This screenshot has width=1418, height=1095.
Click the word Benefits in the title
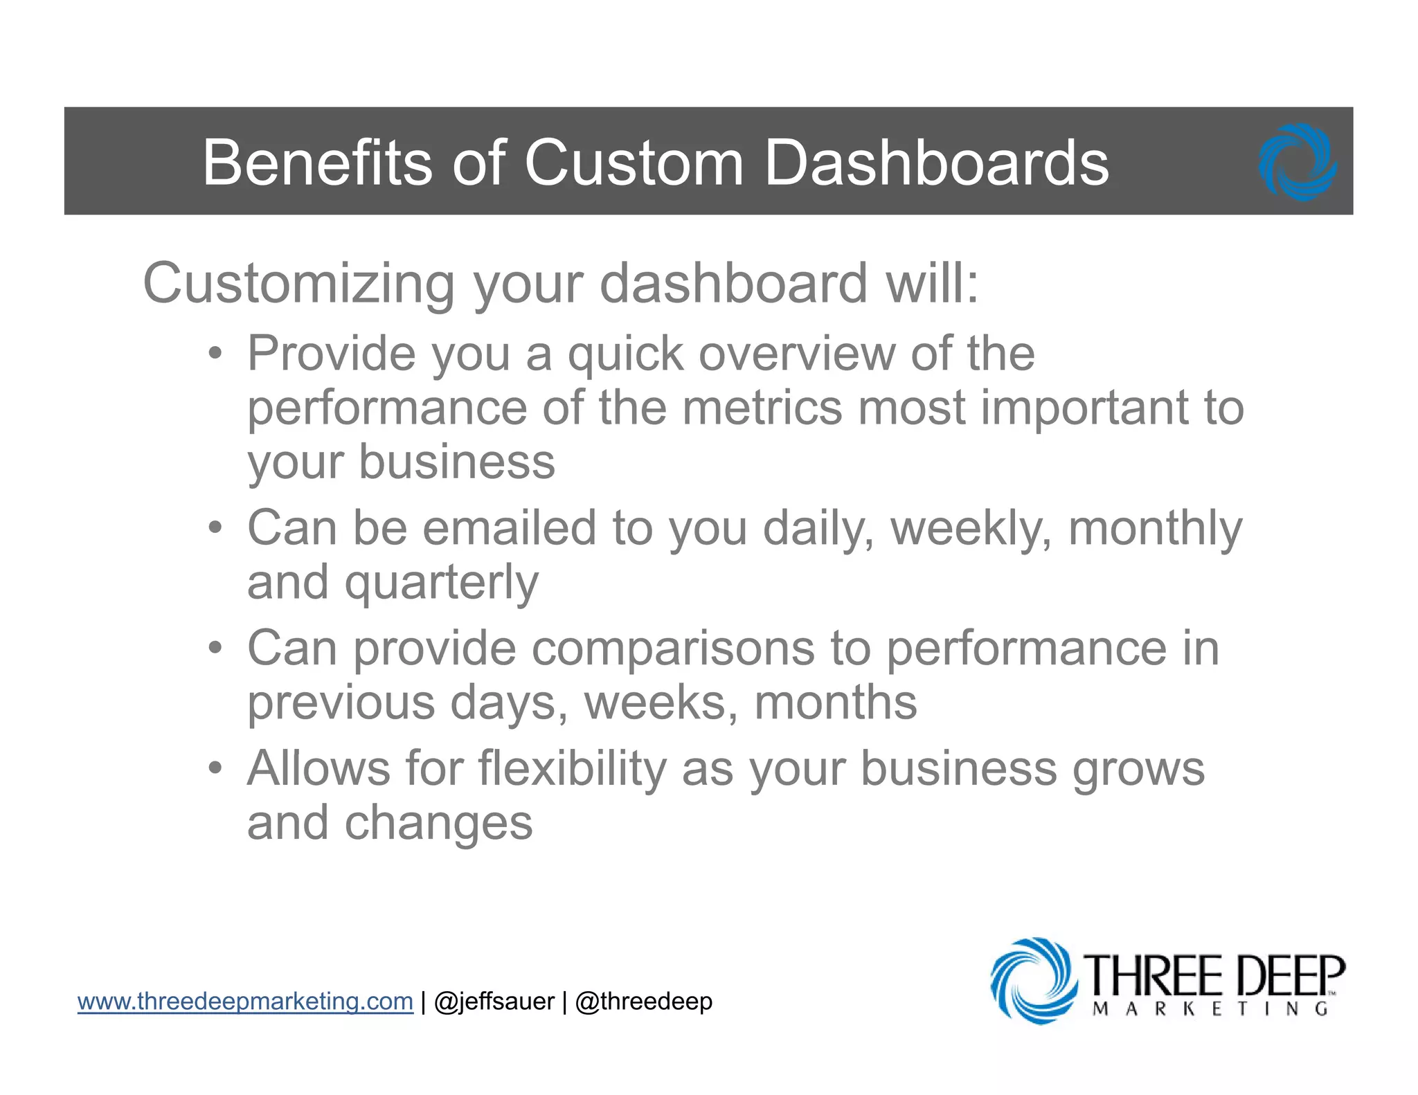point(318,163)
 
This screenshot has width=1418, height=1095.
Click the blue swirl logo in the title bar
point(1298,163)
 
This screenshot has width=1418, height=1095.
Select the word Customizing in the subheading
point(298,284)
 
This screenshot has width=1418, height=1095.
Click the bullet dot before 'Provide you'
point(215,354)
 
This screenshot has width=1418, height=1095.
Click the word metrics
point(762,408)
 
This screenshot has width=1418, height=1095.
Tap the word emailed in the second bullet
point(509,529)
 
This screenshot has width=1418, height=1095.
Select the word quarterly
point(441,583)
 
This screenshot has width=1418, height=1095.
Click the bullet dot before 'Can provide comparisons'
point(215,649)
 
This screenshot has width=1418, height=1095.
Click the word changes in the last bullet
point(438,824)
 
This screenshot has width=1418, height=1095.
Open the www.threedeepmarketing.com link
point(245,1002)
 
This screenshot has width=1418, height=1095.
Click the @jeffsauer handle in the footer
point(494,1002)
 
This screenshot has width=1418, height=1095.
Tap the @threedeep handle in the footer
point(643,1002)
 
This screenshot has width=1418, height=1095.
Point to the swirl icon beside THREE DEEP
point(1033,980)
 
